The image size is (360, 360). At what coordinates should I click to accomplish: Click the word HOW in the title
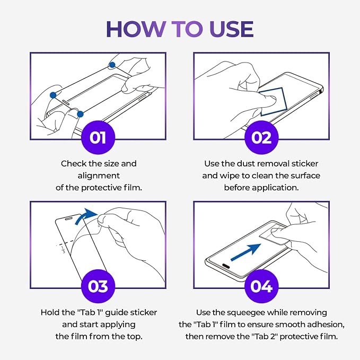click(x=135, y=29)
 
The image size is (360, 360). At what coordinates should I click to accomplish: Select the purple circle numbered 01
click(x=98, y=137)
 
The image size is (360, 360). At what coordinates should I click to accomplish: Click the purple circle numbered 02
click(x=261, y=137)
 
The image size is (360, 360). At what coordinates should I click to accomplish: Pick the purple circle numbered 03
click(x=98, y=286)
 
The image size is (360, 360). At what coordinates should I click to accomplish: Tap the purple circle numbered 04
click(x=261, y=286)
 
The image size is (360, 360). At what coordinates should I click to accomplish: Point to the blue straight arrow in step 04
click(x=245, y=252)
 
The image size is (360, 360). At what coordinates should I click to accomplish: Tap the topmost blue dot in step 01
click(x=112, y=65)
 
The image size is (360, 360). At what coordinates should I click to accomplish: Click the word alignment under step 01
click(x=99, y=175)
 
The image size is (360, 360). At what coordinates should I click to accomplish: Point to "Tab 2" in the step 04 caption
click(x=265, y=336)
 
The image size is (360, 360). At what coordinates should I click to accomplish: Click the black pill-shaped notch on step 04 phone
click(x=226, y=266)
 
